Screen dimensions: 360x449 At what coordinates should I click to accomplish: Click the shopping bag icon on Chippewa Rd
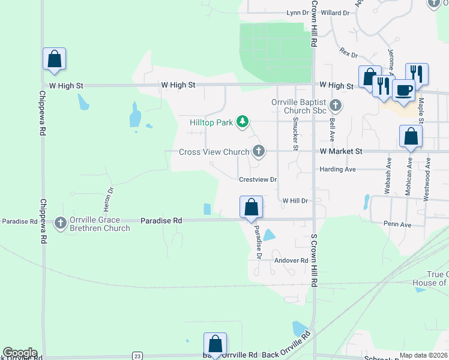[x=54, y=59]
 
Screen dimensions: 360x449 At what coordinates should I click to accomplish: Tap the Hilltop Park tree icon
[x=243, y=122]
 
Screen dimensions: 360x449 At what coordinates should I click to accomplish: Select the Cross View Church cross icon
[x=259, y=151]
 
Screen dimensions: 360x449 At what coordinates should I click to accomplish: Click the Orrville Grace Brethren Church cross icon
[x=60, y=223]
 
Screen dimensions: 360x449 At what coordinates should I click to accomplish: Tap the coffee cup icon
[x=403, y=91]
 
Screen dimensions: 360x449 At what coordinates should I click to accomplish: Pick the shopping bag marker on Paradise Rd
[x=252, y=208]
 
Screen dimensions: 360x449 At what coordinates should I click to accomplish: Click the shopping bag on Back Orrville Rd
[x=215, y=344]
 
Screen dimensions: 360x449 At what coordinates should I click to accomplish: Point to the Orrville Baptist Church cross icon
[x=336, y=106]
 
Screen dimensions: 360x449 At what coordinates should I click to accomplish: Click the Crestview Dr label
[x=258, y=179]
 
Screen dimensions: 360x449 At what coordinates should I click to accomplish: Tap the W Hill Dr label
[x=295, y=200]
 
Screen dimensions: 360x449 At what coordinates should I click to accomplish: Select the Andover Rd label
[x=291, y=260]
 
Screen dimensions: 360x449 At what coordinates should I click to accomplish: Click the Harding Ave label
[x=337, y=169]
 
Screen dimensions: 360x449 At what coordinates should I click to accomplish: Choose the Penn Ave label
[x=397, y=224]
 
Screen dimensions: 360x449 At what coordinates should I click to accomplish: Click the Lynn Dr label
[x=297, y=13]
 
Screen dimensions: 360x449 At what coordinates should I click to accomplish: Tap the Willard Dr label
[x=335, y=13]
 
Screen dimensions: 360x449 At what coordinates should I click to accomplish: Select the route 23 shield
[x=137, y=355]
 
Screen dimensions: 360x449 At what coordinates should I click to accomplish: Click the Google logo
[x=20, y=353]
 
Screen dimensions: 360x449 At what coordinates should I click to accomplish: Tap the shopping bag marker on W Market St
[x=411, y=137]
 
